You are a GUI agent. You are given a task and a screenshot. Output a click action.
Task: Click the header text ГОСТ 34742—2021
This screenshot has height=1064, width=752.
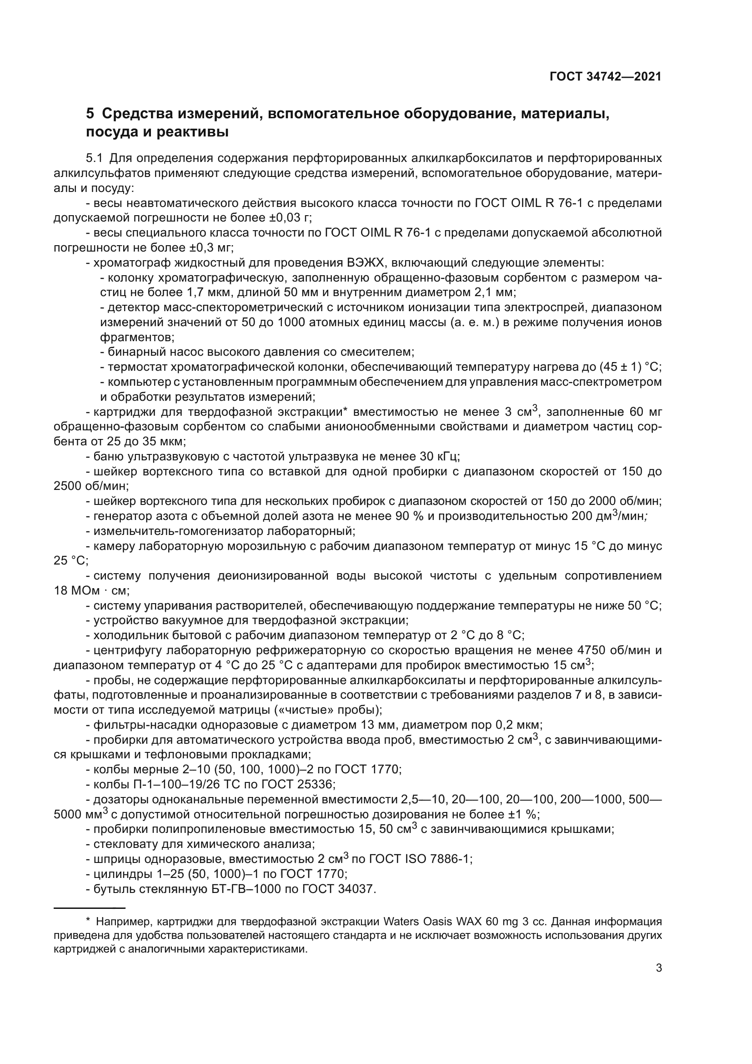(605, 76)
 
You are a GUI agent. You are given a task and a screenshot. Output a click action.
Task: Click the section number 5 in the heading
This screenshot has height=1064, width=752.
(90, 114)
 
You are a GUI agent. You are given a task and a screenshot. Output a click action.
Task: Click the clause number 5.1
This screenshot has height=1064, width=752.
(94, 158)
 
